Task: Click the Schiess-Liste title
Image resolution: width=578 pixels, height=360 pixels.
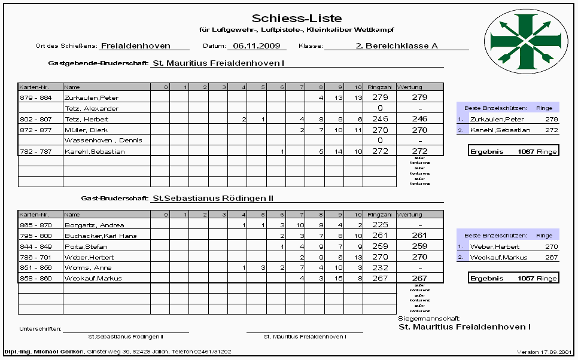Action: (297, 19)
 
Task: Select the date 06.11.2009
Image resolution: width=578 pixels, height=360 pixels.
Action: (256, 45)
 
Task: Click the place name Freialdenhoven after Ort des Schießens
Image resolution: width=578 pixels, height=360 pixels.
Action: (136, 45)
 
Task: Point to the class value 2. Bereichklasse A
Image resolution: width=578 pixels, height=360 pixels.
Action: (397, 45)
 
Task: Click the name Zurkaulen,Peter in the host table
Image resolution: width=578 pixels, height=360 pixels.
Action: (88, 97)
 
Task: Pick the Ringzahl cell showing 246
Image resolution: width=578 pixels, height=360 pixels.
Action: (380, 119)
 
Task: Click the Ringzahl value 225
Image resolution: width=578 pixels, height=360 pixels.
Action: (380, 225)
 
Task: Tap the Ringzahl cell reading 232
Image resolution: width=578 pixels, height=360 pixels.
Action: (380, 268)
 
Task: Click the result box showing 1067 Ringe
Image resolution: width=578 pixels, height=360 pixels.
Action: (513, 151)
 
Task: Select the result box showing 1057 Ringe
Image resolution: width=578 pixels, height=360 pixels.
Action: (513, 279)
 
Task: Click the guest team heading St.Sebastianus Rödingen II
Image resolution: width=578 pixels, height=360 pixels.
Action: (217, 197)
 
